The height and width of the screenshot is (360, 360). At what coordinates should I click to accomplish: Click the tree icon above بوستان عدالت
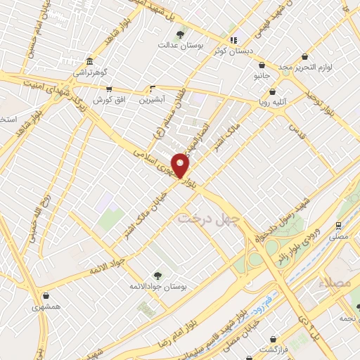(181, 34)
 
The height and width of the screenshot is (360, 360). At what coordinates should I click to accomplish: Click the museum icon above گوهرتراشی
(89, 61)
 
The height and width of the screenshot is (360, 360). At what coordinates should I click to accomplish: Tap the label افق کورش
(109, 100)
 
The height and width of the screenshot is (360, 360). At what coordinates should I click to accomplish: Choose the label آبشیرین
(153, 100)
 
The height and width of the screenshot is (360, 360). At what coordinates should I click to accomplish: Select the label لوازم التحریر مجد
(304, 67)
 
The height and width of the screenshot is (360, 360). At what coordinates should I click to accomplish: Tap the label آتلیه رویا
(272, 102)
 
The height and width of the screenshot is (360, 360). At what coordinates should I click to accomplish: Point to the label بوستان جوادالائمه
(156, 286)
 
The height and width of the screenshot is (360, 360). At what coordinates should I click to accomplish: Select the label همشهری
(46, 307)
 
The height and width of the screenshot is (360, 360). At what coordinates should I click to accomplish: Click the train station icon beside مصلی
(339, 226)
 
